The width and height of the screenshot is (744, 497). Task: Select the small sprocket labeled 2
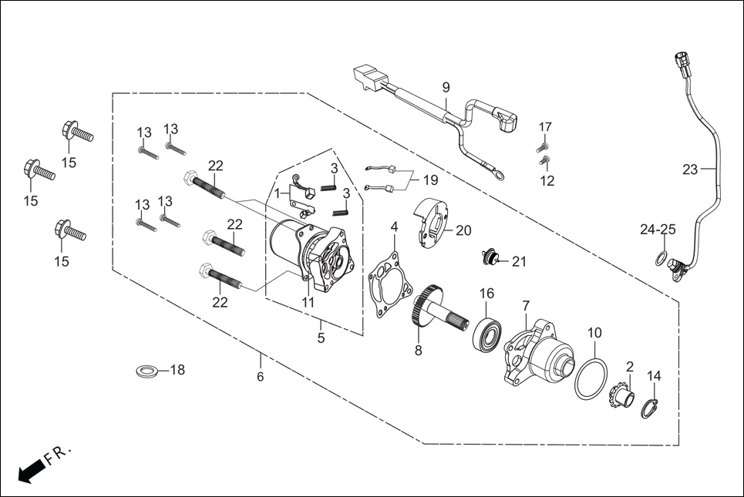[x=621, y=398]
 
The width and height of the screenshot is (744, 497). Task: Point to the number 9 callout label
[x=446, y=87]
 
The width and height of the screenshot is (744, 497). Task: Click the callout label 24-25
[x=657, y=230]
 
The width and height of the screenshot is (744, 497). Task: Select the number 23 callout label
[x=689, y=169]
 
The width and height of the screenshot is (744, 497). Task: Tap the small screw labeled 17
[x=542, y=146]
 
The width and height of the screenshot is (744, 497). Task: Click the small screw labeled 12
[x=544, y=162]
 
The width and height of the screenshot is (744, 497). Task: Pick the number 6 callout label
[x=261, y=377]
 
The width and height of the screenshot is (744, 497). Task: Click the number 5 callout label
[x=321, y=338]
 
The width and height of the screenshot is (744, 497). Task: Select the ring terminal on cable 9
[x=502, y=176]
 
